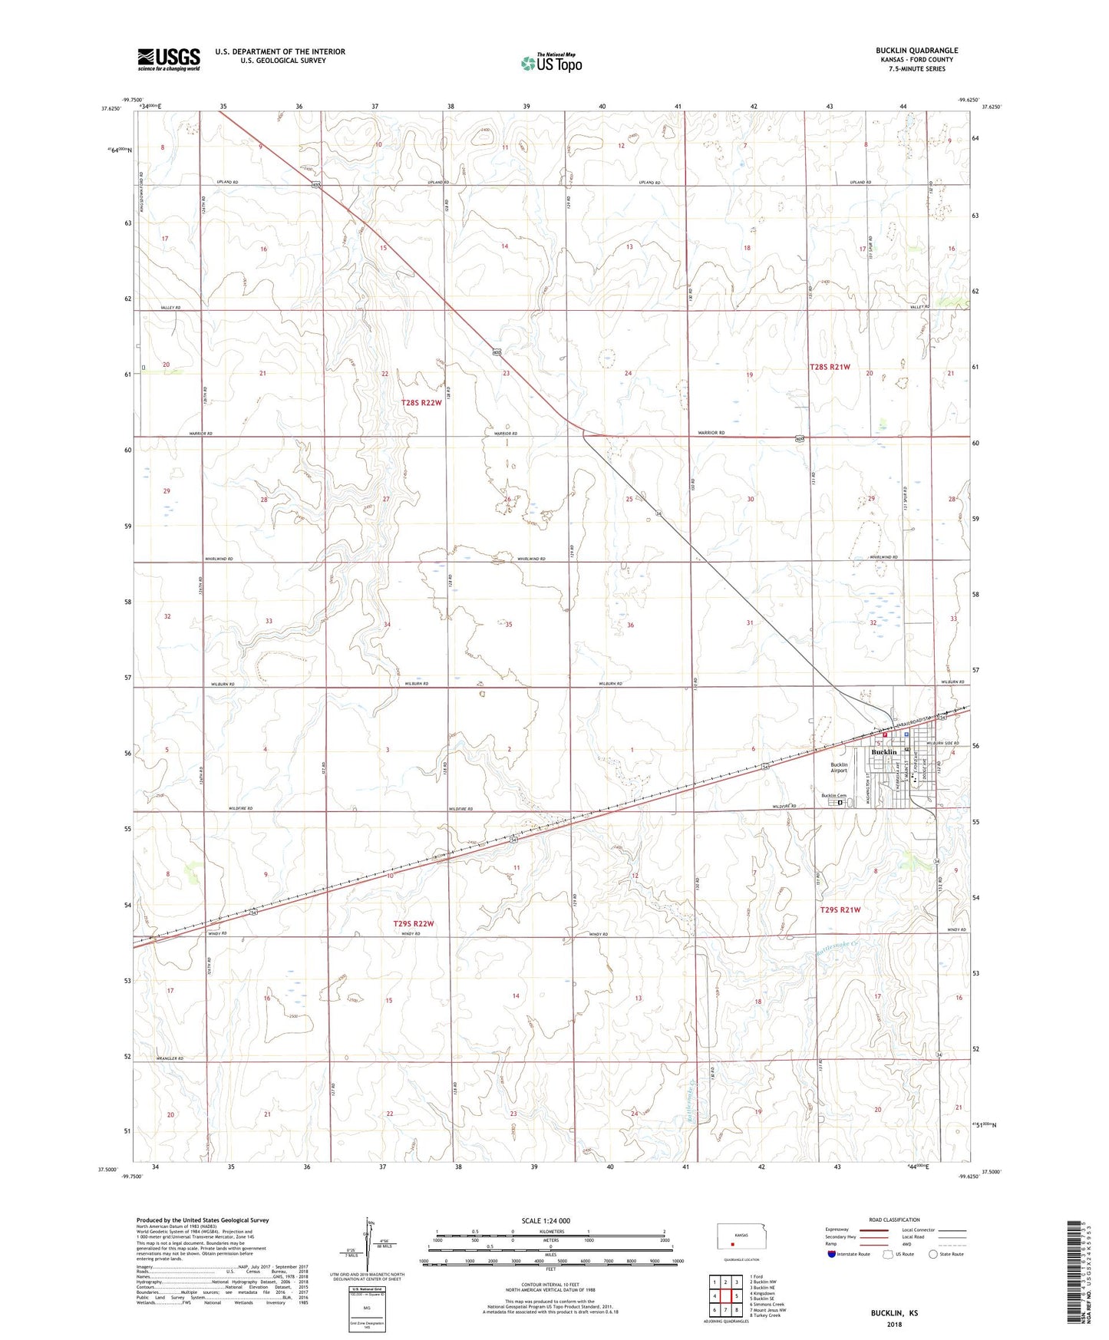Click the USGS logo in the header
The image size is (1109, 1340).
click(x=168, y=59)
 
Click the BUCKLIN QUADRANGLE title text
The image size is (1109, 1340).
click(x=916, y=51)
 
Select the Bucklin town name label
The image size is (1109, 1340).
click(x=883, y=752)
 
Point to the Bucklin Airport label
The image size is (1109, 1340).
click(x=839, y=767)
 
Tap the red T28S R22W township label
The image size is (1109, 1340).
click(x=421, y=403)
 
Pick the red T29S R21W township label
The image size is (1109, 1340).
click(x=840, y=909)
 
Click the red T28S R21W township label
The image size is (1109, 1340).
click(x=830, y=367)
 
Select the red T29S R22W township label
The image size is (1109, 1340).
click(x=414, y=924)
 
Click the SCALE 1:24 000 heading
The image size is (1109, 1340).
click(x=545, y=1221)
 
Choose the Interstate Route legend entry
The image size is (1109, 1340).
click(x=848, y=1254)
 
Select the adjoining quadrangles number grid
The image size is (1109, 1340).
click(x=725, y=1296)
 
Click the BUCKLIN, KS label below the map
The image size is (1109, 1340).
click(x=893, y=1313)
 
